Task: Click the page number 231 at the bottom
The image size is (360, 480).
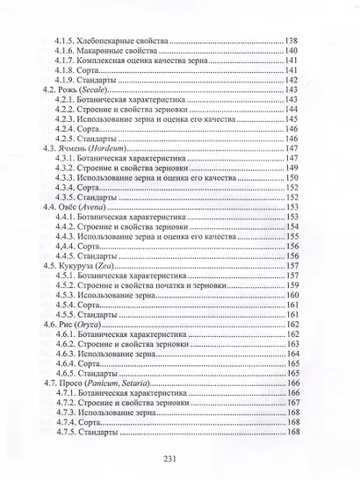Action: tap(179, 457)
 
